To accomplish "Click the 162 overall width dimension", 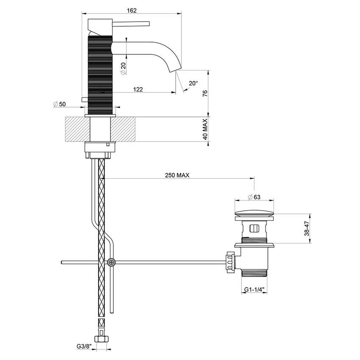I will click(x=131, y=11).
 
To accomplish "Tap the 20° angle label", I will click(x=193, y=83).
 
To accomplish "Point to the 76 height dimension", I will click(x=205, y=94).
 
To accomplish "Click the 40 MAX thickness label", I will click(x=205, y=130).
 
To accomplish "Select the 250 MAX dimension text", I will click(x=177, y=174).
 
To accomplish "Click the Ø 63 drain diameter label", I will click(x=254, y=197).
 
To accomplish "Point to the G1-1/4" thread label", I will click(x=254, y=290).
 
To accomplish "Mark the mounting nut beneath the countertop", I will click(x=100, y=148).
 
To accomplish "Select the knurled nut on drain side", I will click(x=230, y=263).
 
